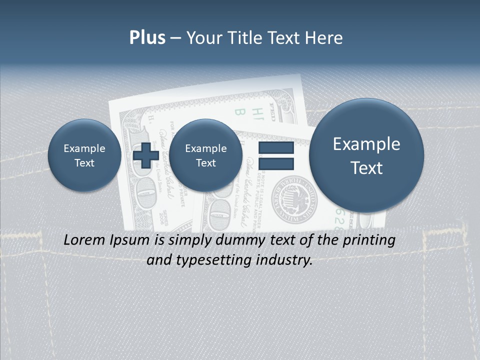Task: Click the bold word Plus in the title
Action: [147, 38]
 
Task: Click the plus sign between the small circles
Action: [146, 155]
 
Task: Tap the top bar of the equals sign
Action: [276, 148]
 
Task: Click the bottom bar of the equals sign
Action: [276, 164]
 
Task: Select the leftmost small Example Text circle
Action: [84, 155]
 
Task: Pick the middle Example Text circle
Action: [205, 155]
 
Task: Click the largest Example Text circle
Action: [366, 155]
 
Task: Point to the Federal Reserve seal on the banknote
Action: [294, 199]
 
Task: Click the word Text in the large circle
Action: [366, 168]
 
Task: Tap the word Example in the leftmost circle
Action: [84, 148]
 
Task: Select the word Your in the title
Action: [202, 38]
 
